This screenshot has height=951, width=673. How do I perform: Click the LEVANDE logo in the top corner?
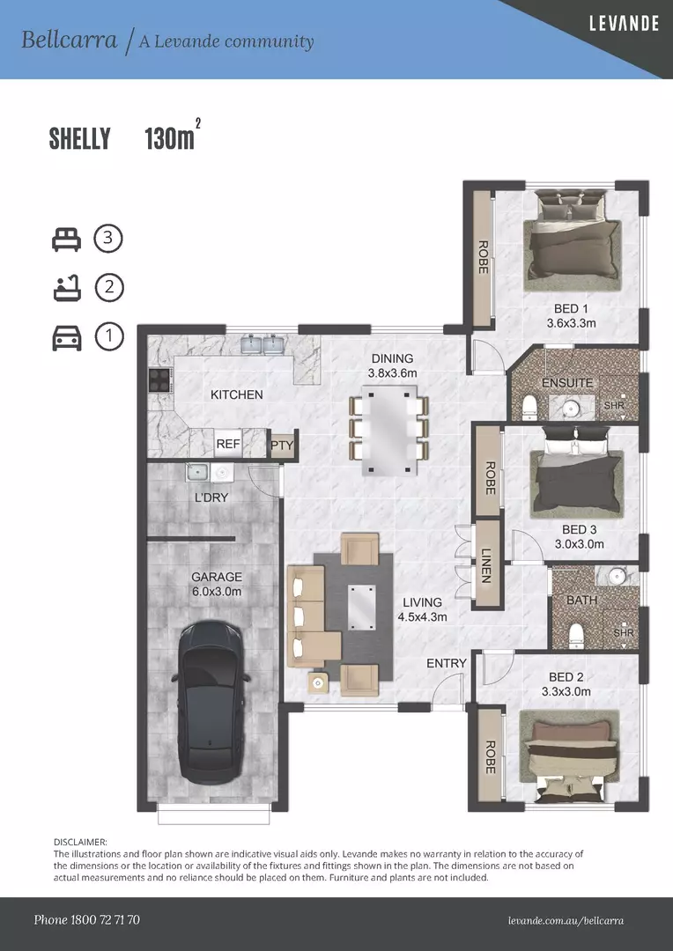[x=624, y=24]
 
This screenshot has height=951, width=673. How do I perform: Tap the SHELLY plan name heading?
[x=80, y=139]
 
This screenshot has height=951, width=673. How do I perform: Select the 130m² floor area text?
[x=171, y=138]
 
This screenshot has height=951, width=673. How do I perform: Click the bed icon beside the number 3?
[x=67, y=239]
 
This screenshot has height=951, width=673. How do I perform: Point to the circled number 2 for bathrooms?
[x=109, y=287]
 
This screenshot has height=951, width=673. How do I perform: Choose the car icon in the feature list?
[x=67, y=337]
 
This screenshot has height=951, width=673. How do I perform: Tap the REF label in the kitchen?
[x=228, y=445]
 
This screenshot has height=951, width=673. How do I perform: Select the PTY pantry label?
[x=281, y=446]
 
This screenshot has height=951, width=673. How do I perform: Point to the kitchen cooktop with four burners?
[x=159, y=380]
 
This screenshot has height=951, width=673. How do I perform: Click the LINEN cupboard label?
[x=486, y=564]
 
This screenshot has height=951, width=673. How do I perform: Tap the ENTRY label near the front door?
[x=447, y=663]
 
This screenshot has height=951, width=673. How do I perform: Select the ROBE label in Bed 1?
[x=483, y=257]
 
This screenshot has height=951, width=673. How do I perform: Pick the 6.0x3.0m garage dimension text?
[x=216, y=592]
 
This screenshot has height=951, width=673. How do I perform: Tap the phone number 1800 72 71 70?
[x=86, y=920]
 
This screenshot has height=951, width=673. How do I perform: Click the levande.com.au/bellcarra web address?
[x=566, y=921]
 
